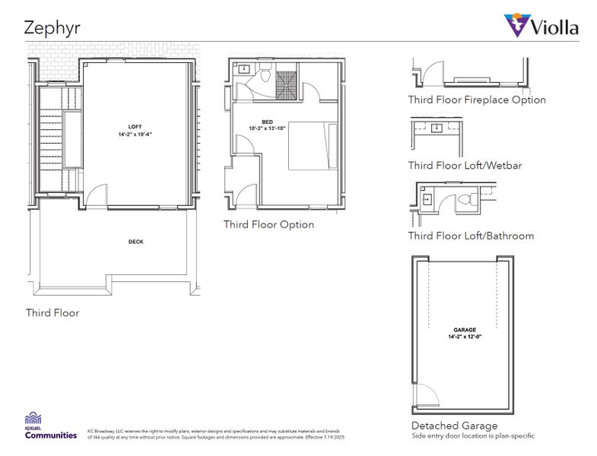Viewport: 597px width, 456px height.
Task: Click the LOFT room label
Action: coord(135,125)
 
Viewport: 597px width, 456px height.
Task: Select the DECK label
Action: coord(135,242)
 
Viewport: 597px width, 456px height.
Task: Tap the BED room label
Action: coord(267,122)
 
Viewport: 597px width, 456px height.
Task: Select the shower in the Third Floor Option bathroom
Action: coord(287,81)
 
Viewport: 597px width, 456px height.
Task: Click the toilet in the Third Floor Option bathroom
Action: coord(263,77)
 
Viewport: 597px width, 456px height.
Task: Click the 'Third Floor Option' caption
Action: coord(268,224)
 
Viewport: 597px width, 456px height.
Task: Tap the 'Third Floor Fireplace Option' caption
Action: coord(476,100)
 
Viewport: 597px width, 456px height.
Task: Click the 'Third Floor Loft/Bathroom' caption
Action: coord(470,236)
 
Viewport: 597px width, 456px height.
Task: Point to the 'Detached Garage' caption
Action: coord(454,426)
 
